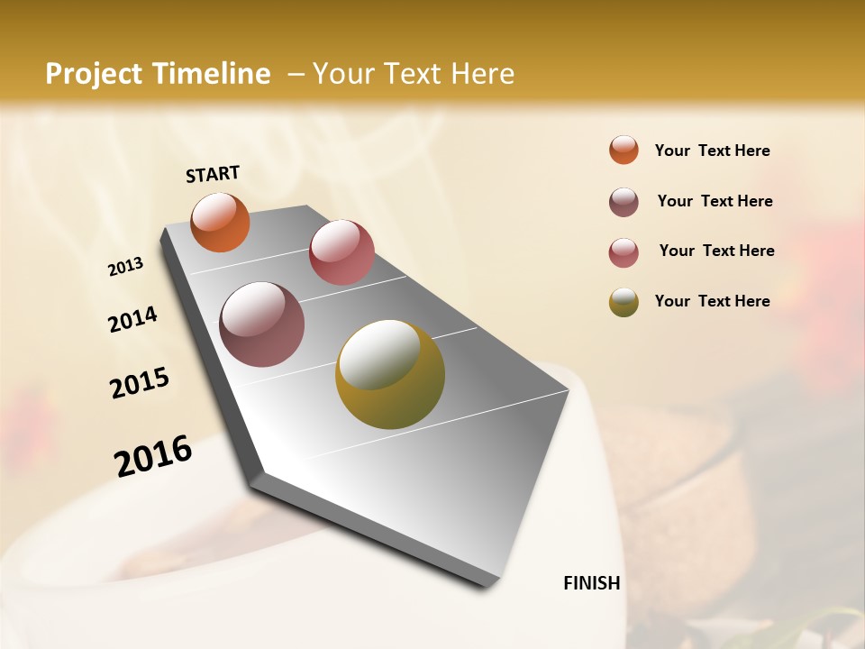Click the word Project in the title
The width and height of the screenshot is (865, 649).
(92, 74)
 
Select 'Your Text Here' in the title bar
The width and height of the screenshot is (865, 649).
(413, 74)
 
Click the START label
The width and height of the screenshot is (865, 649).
(213, 174)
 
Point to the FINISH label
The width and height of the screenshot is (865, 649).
(592, 583)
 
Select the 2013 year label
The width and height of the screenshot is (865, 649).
(126, 267)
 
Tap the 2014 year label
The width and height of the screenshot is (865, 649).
(133, 319)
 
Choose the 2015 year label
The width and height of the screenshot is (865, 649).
(140, 383)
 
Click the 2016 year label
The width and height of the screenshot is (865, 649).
(153, 456)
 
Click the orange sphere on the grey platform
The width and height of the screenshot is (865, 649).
(220, 222)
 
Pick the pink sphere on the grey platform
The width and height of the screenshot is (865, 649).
(341, 252)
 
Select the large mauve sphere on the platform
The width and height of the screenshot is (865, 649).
(262, 324)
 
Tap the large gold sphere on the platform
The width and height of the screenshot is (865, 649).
(390, 374)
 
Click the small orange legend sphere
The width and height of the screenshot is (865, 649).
(624, 150)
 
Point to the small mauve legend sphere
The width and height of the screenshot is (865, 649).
(624, 202)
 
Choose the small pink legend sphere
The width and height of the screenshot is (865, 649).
(624, 252)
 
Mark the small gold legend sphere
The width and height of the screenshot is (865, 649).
(624, 302)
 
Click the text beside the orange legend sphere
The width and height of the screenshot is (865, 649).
(712, 151)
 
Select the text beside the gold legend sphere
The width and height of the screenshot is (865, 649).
(712, 301)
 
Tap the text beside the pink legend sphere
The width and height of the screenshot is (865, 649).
(716, 251)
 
